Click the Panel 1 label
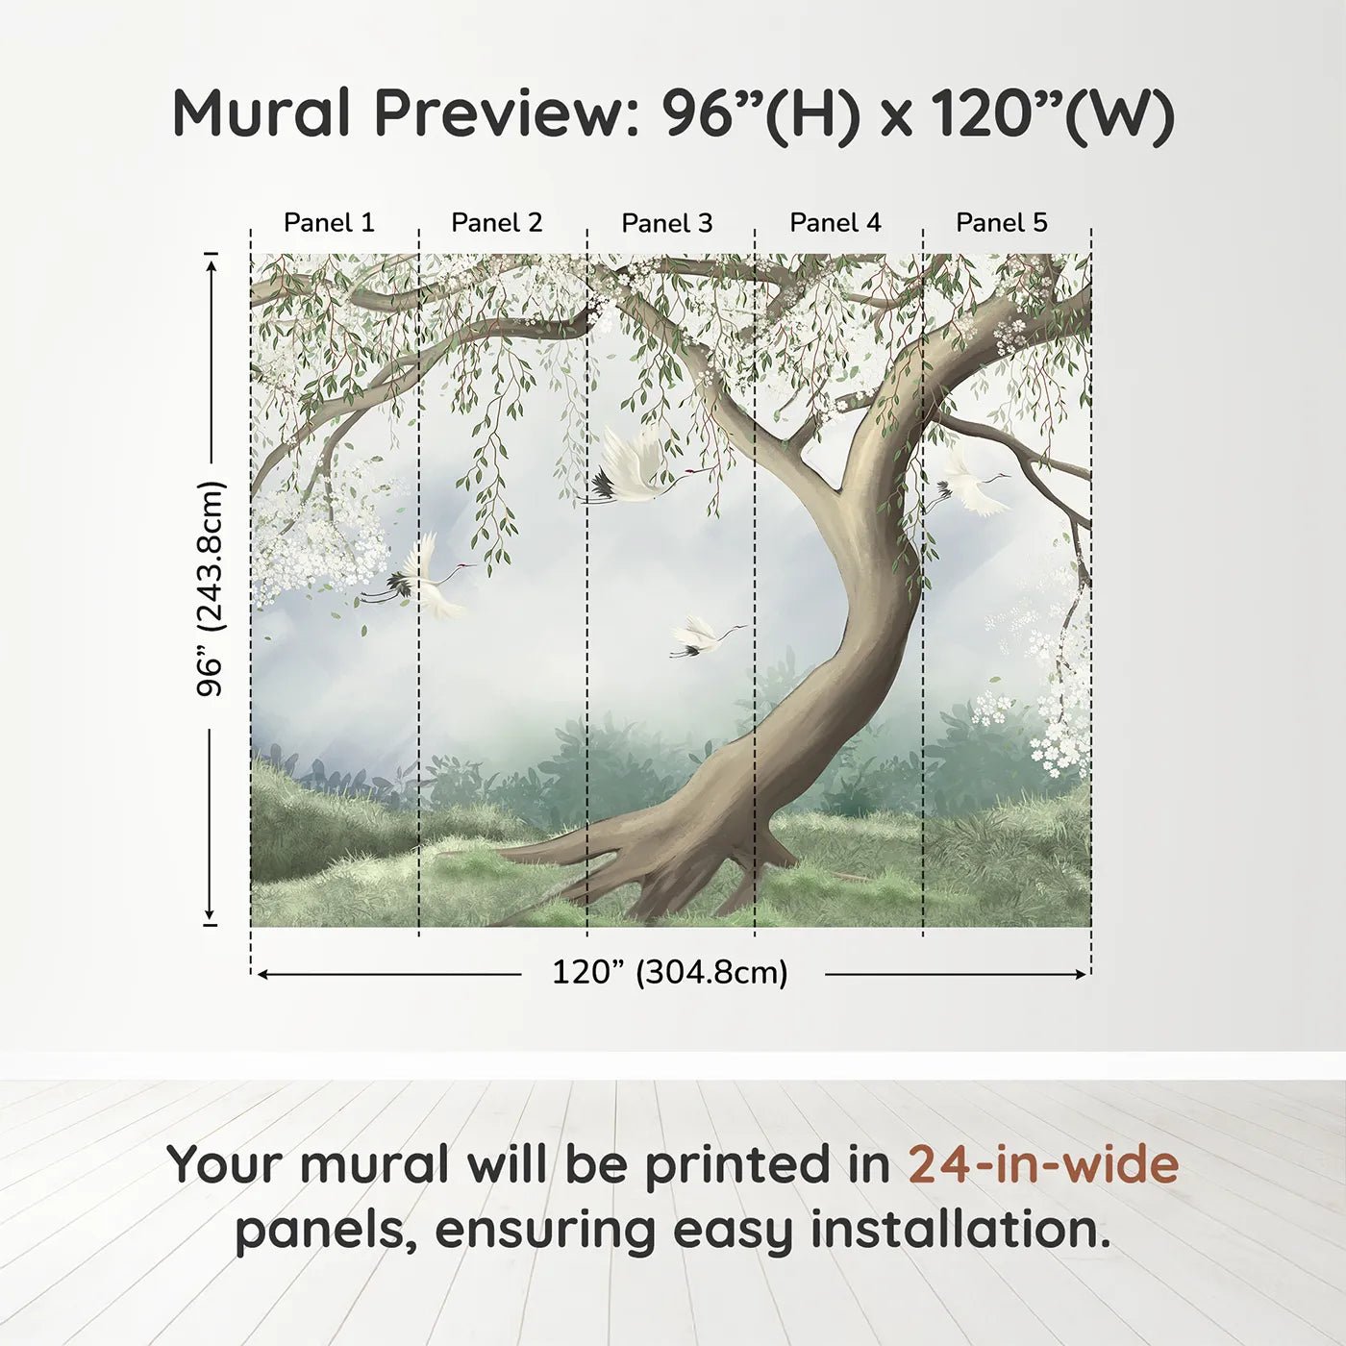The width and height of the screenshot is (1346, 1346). pyautogui.click(x=329, y=223)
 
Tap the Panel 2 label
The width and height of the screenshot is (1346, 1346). pyautogui.click(x=496, y=223)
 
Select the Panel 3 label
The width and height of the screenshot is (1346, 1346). pyautogui.click(x=666, y=223)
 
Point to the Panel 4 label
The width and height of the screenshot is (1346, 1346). pyautogui.click(x=835, y=223)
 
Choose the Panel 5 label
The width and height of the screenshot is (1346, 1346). pyautogui.click(x=1001, y=223)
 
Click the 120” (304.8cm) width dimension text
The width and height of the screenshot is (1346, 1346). pyautogui.click(x=669, y=973)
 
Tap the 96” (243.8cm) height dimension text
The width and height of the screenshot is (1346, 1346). pyautogui.click(x=210, y=588)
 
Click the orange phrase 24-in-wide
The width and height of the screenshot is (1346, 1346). pyautogui.click(x=1043, y=1165)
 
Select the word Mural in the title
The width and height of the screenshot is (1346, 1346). pyautogui.click(x=263, y=113)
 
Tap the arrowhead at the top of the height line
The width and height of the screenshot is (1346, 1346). pyautogui.click(x=212, y=262)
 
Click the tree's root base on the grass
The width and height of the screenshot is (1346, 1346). pyautogui.click(x=663, y=865)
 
